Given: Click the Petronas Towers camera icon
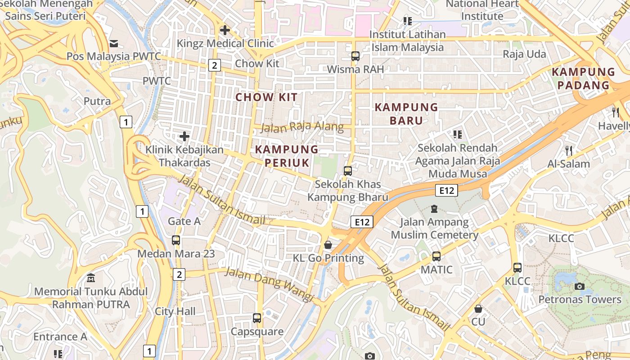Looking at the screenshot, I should [580, 286].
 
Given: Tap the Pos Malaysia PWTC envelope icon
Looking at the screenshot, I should [113, 44].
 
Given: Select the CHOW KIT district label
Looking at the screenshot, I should [266, 97].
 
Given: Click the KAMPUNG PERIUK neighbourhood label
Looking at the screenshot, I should [287, 156].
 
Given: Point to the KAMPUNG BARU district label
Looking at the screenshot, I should [406, 114].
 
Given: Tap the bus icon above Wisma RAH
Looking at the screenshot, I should [355, 56].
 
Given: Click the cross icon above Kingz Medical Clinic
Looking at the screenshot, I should [225, 31].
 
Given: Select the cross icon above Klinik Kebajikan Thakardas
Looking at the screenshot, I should [184, 136].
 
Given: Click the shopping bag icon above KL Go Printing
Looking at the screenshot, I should [328, 245].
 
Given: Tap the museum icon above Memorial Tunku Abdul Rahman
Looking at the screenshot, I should [91, 278].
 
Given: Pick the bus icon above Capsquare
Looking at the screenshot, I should [257, 318].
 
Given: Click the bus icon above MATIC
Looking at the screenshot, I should [436, 256].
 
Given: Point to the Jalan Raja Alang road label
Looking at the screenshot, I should [302, 127].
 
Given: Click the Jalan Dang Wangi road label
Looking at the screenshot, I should [269, 284].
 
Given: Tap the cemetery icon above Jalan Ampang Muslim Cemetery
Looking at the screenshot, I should [434, 208].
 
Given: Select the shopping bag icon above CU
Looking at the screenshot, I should [478, 309].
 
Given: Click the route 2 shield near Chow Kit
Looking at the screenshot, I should [214, 65].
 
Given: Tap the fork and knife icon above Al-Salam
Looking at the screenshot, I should [569, 150].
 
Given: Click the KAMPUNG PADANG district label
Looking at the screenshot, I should [583, 78].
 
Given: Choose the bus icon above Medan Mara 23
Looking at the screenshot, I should [176, 240].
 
